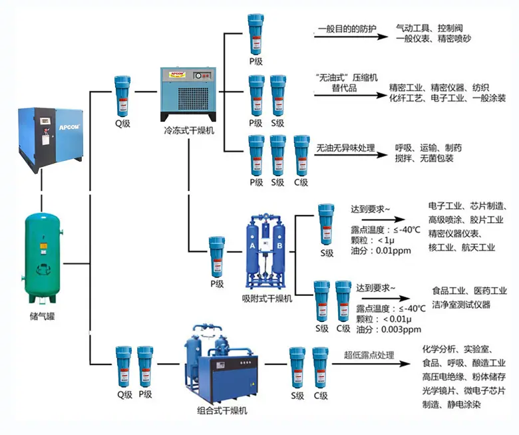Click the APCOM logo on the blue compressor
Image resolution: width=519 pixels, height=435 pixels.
pyautogui.click(x=69, y=127)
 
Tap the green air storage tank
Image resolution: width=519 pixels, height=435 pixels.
pyautogui.click(x=43, y=258)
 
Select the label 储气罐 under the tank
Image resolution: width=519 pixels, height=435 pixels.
pyautogui.click(x=42, y=317)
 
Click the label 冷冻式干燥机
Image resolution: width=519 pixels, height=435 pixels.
pyautogui.click(x=189, y=130)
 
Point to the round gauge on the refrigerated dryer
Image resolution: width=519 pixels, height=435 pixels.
pyautogui.click(x=198, y=76)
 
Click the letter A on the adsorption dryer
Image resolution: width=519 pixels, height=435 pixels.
pyautogui.click(x=252, y=246)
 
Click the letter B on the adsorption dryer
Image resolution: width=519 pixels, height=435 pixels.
pyautogui.click(x=279, y=246)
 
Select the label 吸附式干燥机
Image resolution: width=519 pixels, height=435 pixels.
pyautogui.click(x=267, y=299)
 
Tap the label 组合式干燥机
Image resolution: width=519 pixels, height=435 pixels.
pyautogui.click(x=222, y=410)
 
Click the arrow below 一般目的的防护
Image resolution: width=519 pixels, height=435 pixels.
pyautogui.click(x=351, y=37)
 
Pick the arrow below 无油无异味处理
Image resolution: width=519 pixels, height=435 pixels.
pyautogui.click(x=351, y=155)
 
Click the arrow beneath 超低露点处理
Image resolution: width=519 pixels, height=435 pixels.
pyautogui.click(x=371, y=364)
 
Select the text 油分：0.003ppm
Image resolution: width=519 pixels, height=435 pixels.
pyautogui.click(x=389, y=329)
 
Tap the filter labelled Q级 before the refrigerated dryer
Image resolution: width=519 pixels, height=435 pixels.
pyautogui.click(x=122, y=96)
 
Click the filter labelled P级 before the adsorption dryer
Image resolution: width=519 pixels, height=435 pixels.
pyautogui.click(x=217, y=257)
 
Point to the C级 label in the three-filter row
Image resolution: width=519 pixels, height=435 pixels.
pyautogui.click(x=301, y=182)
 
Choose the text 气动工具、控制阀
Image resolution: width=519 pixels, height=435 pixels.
pyautogui.click(x=429, y=28)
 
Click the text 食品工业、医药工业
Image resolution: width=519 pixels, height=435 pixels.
pyautogui.click(x=469, y=291)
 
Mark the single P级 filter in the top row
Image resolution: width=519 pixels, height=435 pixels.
pyautogui.click(x=256, y=35)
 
